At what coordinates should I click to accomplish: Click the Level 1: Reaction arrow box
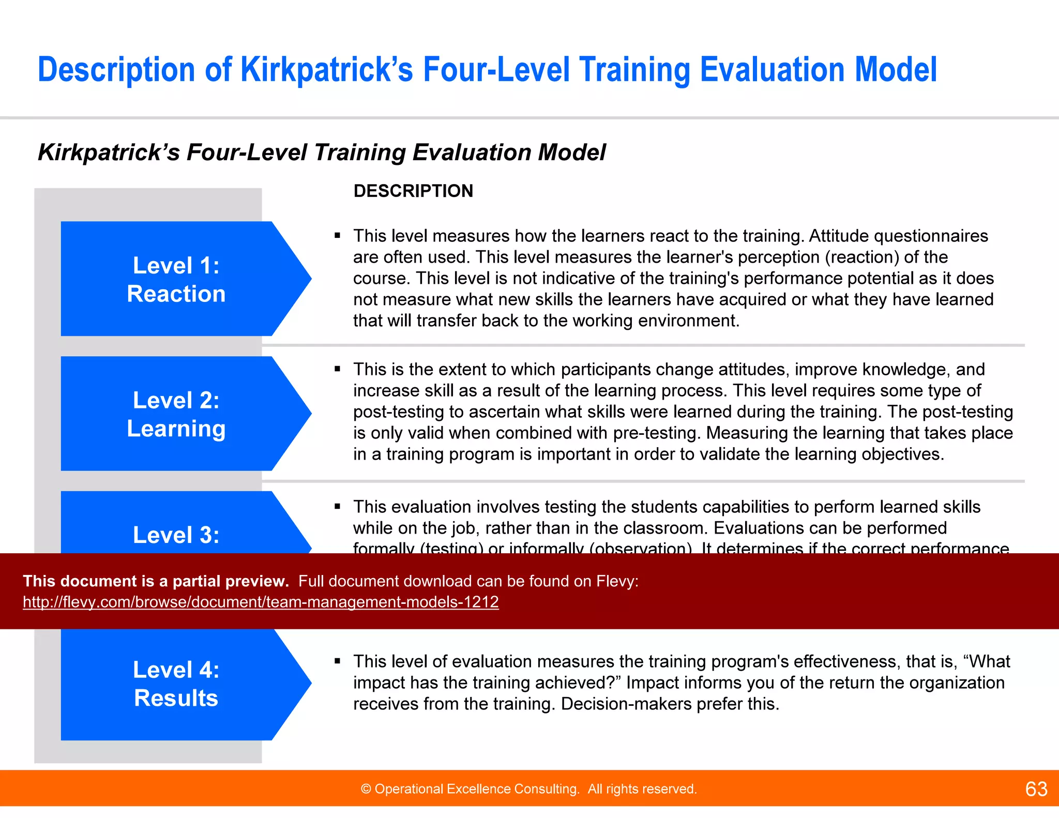pyautogui.click(x=176, y=279)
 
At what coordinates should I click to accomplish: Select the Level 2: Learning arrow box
pyautogui.click(x=176, y=414)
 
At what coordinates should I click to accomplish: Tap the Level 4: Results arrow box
pyautogui.click(x=176, y=684)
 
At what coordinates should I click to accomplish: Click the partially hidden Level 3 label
pyautogui.click(x=176, y=535)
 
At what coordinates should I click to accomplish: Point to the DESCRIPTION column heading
pyautogui.click(x=413, y=191)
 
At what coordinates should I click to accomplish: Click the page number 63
pyautogui.click(x=1036, y=789)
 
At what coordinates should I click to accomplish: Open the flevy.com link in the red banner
pyautogui.click(x=261, y=602)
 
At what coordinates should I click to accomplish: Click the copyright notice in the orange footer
pyautogui.click(x=528, y=789)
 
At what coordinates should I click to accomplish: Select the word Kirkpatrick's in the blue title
pyautogui.click(x=327, y=70)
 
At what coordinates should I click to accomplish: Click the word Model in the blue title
pyautogui.click(x=895, y=70)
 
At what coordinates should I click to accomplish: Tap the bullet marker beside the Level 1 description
pyautogui.click(x=337, y=236)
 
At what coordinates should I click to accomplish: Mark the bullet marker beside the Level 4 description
pyautogui.click(x=337, y=661)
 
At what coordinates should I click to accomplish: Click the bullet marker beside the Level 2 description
pyautogui.click(x=337, y=369)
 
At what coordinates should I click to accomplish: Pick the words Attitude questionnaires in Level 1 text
pyautogui.click(x=898, y=236)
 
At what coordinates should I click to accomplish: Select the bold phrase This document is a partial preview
pyautogui.click(x=156, y=581)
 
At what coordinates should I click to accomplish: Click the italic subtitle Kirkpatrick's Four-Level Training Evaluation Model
pyautogui.click(x=321, y=153)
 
